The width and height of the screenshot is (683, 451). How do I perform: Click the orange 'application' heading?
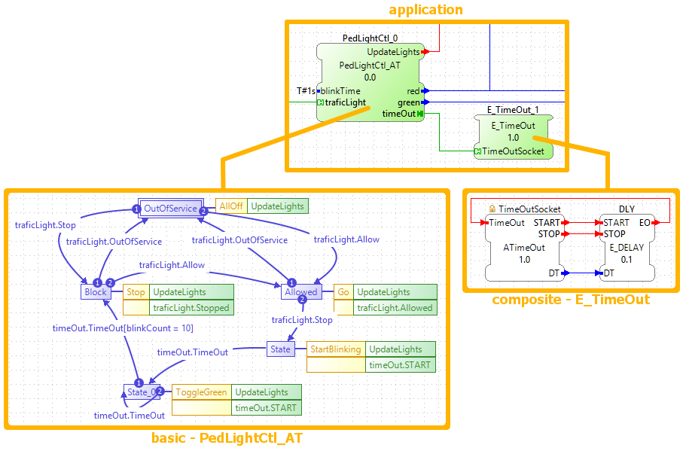(x=425, y=10)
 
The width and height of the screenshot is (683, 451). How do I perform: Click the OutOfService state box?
(x=170, y=209)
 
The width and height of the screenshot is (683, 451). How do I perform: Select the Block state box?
(x=96, y=292)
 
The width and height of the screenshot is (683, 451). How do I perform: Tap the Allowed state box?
(x=301, y=292)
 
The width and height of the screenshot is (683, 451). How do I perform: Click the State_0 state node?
(x=142, y=392)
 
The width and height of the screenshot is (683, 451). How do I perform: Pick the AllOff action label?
(x=230, y=206)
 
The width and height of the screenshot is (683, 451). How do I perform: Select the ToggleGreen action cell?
(x=201, y=392)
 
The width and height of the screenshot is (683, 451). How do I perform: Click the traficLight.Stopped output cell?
(x=191, y=307)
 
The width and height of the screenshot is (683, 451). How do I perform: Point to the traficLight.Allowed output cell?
(x=395, y=307)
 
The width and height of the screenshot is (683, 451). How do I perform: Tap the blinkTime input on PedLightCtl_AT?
(x=340, y=91)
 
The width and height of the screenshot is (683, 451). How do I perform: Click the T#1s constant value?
(x=306, y=91)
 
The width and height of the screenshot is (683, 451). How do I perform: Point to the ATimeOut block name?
(x=524, y=247)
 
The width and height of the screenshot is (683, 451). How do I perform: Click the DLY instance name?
(x=627, y=209)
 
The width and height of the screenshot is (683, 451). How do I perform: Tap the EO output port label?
(x=645, y=223)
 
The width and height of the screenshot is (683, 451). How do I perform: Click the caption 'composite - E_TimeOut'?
(x=571, y=300)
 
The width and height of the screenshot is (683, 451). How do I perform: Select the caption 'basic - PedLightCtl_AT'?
(x=227, y=438)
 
